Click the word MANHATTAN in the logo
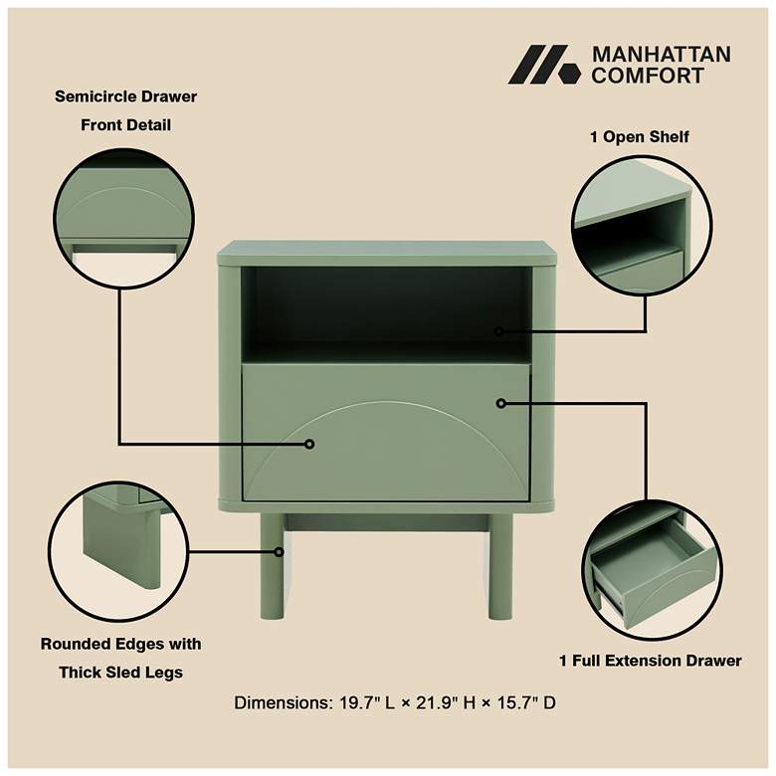coord(662,55)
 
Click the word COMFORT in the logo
coord(648,76)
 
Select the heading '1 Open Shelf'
coord(639,137)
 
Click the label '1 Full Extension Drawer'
coord(651,661)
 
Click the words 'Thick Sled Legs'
coord(120,673)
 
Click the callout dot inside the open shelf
coord(498,331)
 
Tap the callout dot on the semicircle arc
coord(309,444)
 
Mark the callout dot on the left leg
coord(280,551)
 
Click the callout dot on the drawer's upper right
coord(500,403)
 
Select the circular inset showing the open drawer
coord(652,570)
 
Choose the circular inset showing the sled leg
coord(118,551)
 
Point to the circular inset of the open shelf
coord(642,226)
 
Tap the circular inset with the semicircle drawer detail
coord(123,219)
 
